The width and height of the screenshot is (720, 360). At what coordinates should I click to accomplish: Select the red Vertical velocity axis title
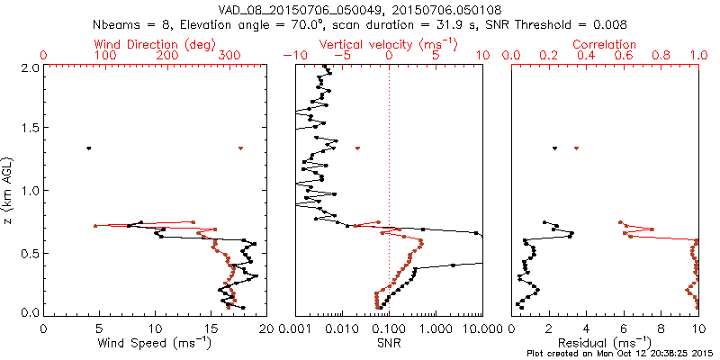pyautogui.click(x=389, y=44)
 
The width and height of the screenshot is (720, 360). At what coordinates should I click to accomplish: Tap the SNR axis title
pyautogui.click(x=389, y=342)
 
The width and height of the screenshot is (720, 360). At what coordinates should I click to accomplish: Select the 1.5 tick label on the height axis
pyautogui.click(x=30, y=129)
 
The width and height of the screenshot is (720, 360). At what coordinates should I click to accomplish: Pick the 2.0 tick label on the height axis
pyautogui.click(x=30, y=67)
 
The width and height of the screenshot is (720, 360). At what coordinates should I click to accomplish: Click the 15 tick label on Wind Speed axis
pyautogui.click(x=211, y=329)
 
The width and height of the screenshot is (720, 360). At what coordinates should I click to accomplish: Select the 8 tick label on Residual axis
pyautogui.click(x=661, y=329)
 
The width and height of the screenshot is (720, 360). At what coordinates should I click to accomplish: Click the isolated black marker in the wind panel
pyautogui.click(x=88, y=148)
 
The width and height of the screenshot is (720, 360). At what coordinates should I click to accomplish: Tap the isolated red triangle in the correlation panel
pyautogui.click(x=576, y=148)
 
